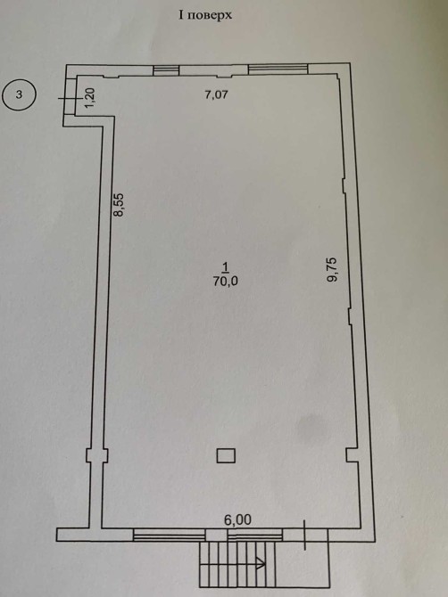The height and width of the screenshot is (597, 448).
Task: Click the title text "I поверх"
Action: (205, 16)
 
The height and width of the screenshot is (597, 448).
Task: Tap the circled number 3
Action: (19, 94)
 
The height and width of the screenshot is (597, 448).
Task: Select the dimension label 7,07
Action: (216, 94)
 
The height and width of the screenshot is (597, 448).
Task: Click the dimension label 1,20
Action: (90, 98)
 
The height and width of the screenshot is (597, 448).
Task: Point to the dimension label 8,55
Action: (120, 205)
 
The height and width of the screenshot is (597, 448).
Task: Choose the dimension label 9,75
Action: (333, 270)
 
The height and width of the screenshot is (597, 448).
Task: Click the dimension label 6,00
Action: (237, 519)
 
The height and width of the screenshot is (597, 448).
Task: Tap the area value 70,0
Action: (225, 281)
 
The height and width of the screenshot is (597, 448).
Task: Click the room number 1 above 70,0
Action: (226, 267)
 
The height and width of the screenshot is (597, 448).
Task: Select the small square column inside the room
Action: (226, 455)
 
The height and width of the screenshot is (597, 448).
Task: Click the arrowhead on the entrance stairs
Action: (261, 563)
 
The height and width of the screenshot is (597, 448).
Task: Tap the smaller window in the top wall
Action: (166, 70)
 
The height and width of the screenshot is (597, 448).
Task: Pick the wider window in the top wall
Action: (278, 69)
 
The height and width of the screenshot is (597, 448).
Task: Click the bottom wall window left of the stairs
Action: (170, 536)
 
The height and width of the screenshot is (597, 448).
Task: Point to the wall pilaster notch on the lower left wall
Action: (97, 455)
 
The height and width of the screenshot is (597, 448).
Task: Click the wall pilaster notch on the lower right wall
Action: (353, 455)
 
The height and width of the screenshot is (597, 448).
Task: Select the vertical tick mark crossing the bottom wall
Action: (304, 535)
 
